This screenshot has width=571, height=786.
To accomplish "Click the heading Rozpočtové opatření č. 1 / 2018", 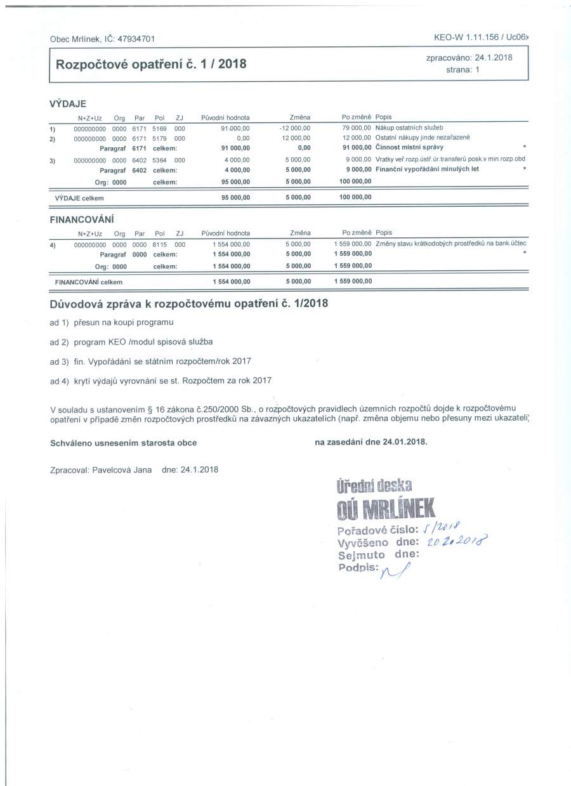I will coord(151,65).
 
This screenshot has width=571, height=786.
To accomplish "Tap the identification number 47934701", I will coord(136,39).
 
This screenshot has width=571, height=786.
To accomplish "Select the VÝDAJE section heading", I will coord(68,104).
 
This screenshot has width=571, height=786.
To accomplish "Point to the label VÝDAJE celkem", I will coord(79,197).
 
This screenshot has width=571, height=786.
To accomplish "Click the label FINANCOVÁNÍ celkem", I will coord(89,282).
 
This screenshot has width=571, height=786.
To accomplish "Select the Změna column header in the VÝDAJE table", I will coord(299,117).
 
